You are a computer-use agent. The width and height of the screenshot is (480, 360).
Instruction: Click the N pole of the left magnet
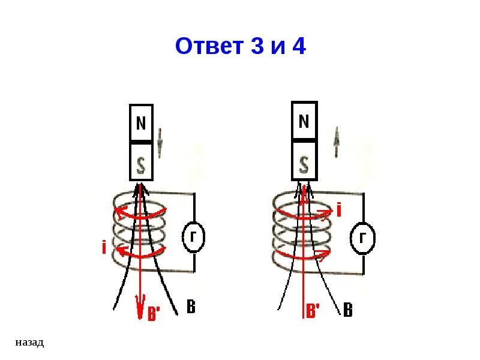click(142, 124)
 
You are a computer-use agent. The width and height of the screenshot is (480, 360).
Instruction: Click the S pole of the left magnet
click(142, 161)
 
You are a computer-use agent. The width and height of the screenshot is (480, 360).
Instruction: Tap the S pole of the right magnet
click(304, 161)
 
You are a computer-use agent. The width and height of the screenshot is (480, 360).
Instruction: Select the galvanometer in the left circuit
click(193, 238)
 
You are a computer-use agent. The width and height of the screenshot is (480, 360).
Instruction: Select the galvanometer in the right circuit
click(362, 239)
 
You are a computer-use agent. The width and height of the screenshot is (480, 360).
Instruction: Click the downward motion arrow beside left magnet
click(160, 142)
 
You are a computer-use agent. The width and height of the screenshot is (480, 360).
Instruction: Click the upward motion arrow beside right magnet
click(337, 142)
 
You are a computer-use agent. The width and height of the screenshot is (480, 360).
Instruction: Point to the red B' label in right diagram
click(313, 311)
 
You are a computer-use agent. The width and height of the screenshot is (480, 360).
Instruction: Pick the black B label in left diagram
click(190, 308)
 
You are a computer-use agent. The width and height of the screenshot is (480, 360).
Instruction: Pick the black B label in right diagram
click(347, 310)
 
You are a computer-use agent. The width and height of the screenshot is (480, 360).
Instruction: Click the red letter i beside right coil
click(339, 210)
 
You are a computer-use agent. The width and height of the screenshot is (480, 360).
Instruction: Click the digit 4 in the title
click(298, 46)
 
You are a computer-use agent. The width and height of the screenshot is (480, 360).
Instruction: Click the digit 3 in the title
click(257, 46)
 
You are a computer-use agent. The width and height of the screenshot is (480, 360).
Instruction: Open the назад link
click(29, 343)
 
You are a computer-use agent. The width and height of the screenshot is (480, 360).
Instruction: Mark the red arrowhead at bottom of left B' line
click(141, 307)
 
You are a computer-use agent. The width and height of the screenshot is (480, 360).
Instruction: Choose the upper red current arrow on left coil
click(140, 212)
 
